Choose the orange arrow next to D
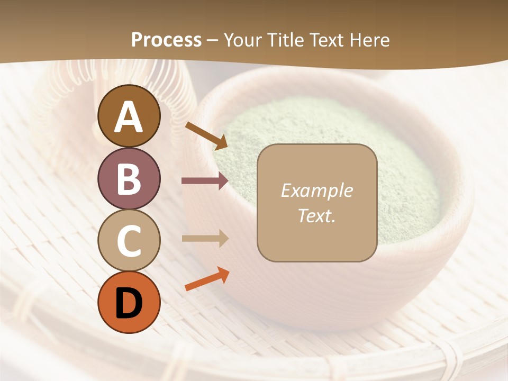[207, 279]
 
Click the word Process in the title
[166, 40]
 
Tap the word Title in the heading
[285, 40]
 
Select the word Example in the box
[316, 190]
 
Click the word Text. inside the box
[316, 215]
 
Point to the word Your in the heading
[242, 40]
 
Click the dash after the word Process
[212, 40]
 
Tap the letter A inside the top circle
[129, 116]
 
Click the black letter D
[129, 303]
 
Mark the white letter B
[129, 179]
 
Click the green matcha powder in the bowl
[407, 175]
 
